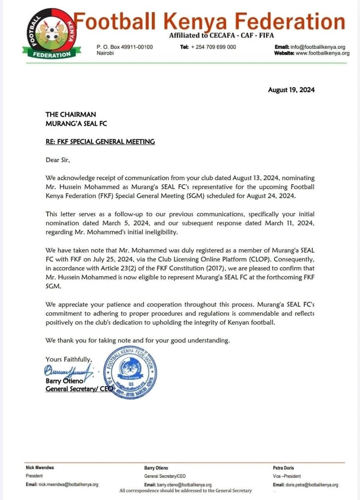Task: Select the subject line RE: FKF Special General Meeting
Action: (100, 142)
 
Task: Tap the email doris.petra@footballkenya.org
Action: (305, 485)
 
